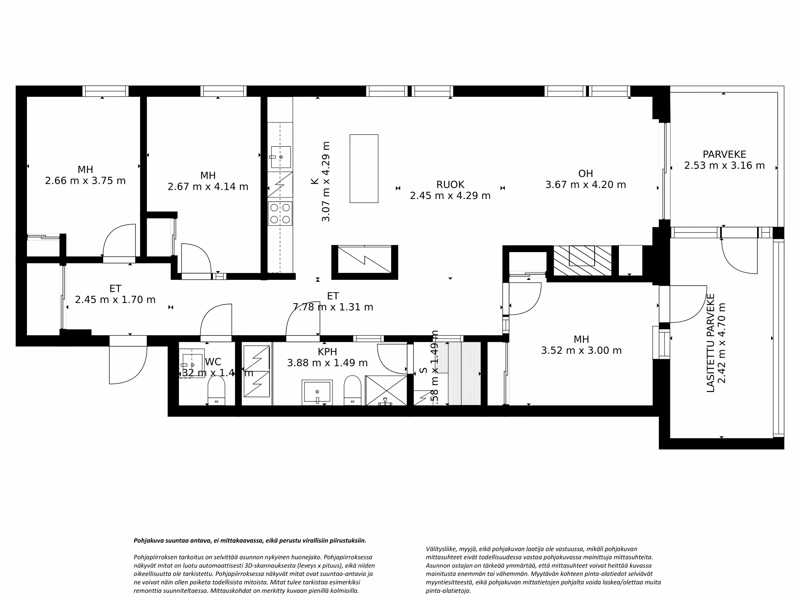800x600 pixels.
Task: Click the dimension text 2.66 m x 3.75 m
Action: pyautogui.click(x=85, y=181)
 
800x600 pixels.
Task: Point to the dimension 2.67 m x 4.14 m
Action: pyautogui.click(x=208, y=187)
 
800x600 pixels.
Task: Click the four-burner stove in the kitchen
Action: pyautogui.click(x=280, y=213)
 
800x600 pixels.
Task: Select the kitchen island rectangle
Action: pyautogui.click(x=364, y=169)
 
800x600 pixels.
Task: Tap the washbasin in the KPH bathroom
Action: pyautogui.click(x=317, y=392)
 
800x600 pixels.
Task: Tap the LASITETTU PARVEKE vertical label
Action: pyautogui.click(x=711, y=343)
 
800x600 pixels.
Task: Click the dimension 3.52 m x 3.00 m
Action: pyautogui.click(x=581, y=350)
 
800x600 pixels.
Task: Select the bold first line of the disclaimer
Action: pyautogui.click(x=250, y=541)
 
